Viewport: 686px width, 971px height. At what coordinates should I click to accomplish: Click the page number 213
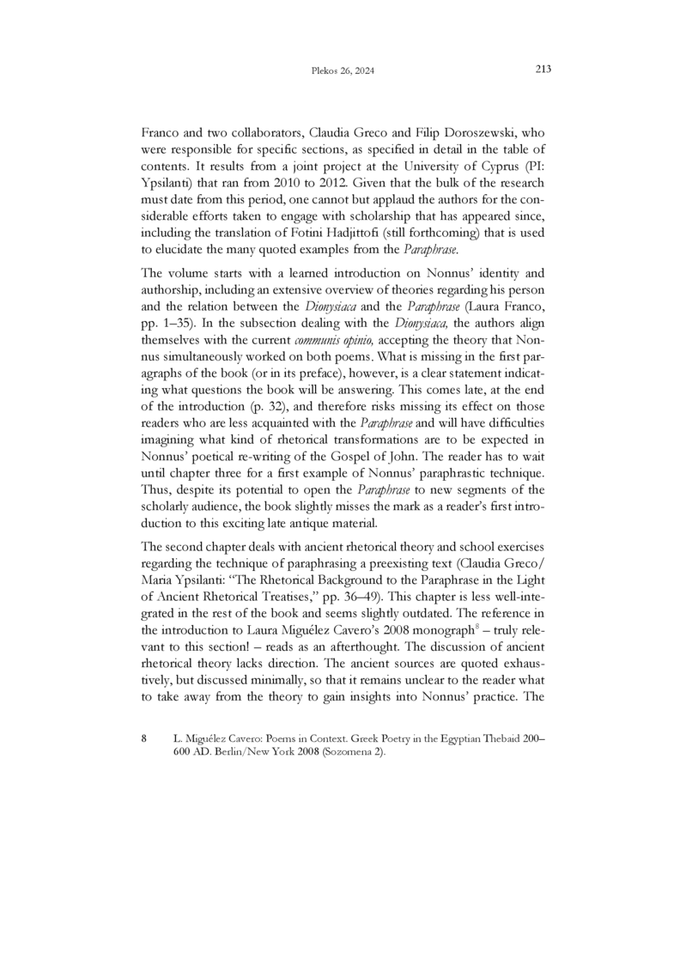tap(542, 69)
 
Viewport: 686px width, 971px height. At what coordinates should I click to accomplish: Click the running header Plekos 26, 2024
tap(343, 70)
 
